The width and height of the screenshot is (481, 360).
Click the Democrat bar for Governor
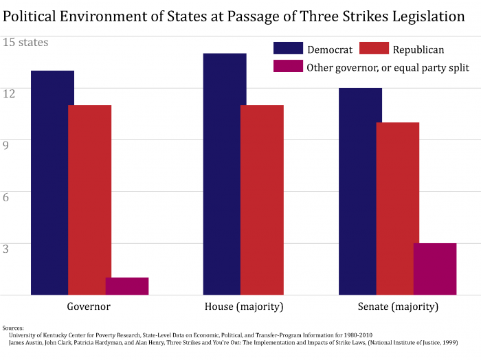52,182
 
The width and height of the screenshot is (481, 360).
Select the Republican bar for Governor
89,199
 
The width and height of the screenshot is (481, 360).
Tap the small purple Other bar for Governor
126,286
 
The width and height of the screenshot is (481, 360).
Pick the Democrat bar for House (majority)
225,174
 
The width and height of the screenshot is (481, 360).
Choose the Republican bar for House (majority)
262,199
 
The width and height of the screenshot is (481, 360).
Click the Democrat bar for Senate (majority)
360,191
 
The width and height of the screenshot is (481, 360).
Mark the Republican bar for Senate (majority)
397,208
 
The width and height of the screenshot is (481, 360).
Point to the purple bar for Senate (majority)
434,269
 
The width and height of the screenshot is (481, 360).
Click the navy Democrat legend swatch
288,49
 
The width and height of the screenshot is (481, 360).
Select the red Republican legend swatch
374,49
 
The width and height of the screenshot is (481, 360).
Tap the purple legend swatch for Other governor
288,67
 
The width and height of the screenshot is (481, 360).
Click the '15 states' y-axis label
26,43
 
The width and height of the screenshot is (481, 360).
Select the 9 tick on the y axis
7,145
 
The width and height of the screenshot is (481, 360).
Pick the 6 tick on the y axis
7,196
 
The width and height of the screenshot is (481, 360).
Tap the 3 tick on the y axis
7,249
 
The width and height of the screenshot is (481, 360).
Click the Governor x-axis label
89,306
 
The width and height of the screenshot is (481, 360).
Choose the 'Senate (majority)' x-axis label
398,306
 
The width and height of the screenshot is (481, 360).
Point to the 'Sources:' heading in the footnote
13,328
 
